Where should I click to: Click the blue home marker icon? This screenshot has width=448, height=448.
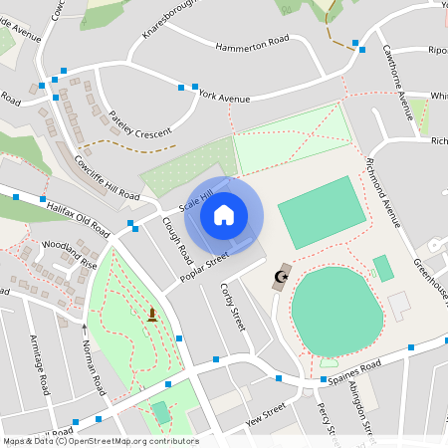click(x=224, y=214)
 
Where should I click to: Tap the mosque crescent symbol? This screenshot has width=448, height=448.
click(x=282, y=276)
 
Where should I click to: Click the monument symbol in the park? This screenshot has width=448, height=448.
click(x=152, y=316)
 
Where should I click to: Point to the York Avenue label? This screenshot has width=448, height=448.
click(x=223, y=97)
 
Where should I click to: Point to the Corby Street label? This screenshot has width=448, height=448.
click(x=232, y=306)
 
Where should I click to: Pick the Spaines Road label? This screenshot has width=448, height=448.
click(x=354, y=374)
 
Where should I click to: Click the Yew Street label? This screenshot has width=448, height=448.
click(x=266, y=415)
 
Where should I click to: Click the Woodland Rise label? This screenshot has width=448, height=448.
click(x=69, y=254)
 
